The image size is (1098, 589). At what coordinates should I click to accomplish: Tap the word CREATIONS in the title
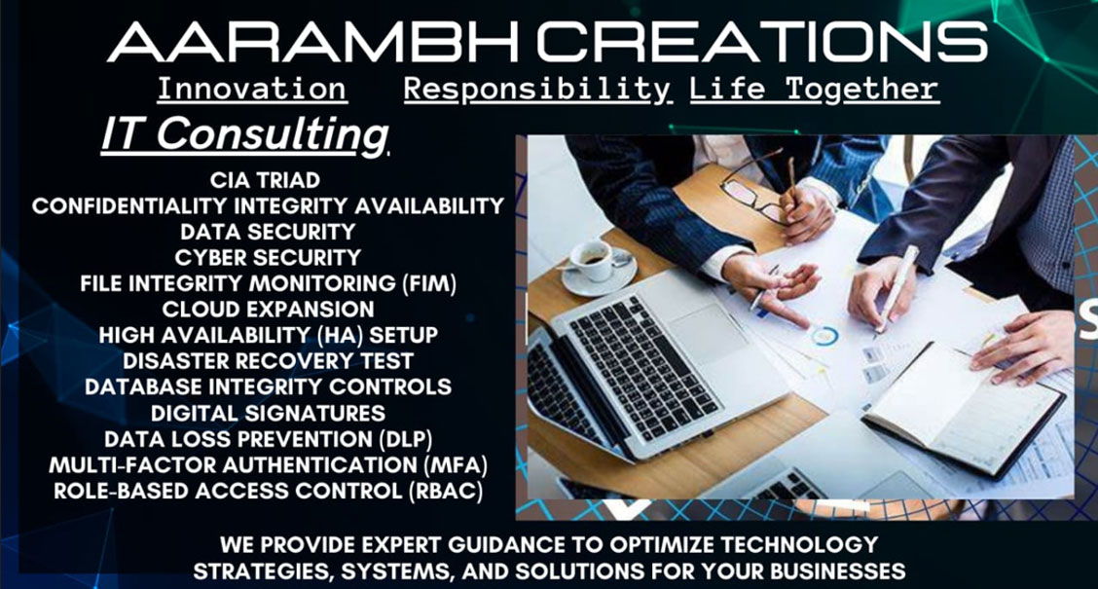click(762, 42)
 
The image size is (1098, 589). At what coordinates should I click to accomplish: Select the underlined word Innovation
click(252, 90)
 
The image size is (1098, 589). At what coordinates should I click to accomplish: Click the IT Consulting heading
click(244, 133)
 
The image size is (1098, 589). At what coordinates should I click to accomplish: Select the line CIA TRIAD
click(266, 180)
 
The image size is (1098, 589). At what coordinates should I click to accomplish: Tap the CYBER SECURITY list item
click(269, 258)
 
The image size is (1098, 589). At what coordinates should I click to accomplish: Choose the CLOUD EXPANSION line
click(269, 310)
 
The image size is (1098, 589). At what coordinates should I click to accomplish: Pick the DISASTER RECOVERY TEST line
click(269, 361)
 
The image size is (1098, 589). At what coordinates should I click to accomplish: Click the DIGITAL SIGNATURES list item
click(269, 413)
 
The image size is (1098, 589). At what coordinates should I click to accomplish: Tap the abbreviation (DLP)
click(406, 439)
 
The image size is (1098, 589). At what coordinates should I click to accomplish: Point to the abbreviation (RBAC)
click(446, 491)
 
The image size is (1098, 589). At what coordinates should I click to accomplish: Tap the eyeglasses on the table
click(757, 188)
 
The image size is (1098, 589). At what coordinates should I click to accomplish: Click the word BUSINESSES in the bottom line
click(837, 571)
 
